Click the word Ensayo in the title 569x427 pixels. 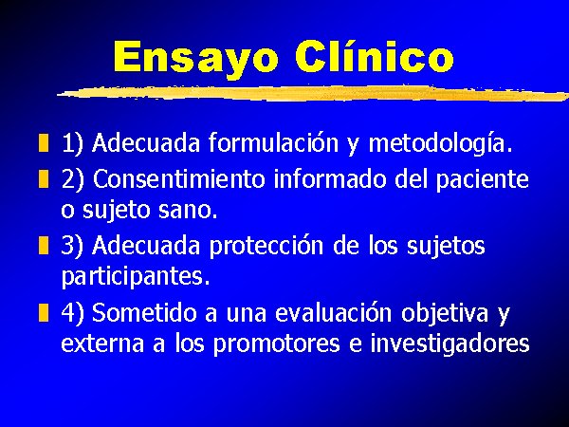[196, 58]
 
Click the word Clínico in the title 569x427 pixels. [375, 56]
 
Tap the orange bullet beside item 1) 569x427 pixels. [44, 142]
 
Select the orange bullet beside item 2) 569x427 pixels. [44, 178]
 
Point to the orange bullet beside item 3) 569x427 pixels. [44, 245]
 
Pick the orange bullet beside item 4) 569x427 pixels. [44, 312]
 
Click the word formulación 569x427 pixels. [274, 142]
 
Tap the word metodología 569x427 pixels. [440, 143]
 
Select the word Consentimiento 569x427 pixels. [179, 178]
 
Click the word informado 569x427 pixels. [329, 178]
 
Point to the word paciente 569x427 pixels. [483, 180]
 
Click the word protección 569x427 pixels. [266, 247]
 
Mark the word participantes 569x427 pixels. [136, 277]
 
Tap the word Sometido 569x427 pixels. [144, 312]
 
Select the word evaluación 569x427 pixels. [334, 312]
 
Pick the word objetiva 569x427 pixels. [445, 313]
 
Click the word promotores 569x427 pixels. [277, 344]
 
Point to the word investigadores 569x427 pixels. [450, 343]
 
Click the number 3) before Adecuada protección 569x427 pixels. [72, 246]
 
